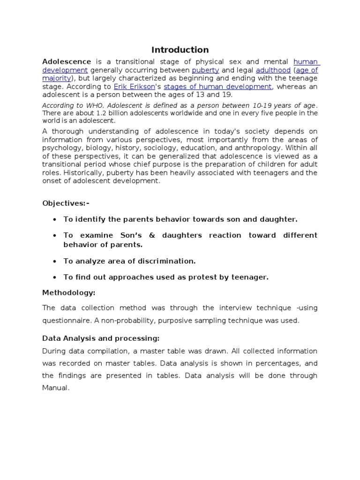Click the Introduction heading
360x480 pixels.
click(180, 50)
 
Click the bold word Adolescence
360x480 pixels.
click(67, 61)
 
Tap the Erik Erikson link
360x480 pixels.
click(134, 87)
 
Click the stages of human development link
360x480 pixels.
click(217, 87)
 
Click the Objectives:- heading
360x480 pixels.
click(66, 203)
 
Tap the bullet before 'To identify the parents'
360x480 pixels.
click(55, 219)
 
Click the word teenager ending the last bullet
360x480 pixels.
click(249, 277)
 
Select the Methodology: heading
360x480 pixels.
click(69, 292)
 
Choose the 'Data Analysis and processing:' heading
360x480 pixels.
click(101, 338)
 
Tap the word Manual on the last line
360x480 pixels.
click(56, 388)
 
